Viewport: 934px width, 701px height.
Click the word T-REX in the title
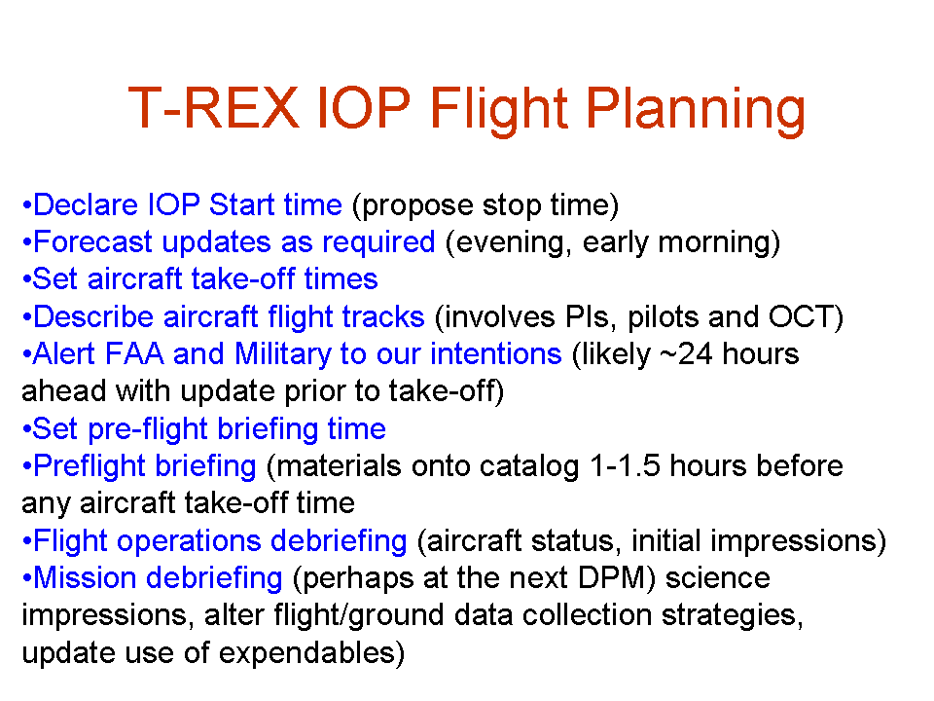[x=213, y=108]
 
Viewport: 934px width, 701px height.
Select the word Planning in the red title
[x=695, y=113]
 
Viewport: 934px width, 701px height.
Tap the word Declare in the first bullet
[x=86, y=205]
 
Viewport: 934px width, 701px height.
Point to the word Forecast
[x=93, y=242]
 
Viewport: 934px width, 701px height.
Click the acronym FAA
[x=134, y=353]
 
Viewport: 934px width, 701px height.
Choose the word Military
[x=283, y=354]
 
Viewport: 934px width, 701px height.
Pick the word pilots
[x=663, y=317]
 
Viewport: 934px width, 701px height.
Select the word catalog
[x=529, y=466]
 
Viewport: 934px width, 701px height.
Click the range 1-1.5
[x=625, y=465]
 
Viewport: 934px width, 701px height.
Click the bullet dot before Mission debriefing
[x=26, y=578]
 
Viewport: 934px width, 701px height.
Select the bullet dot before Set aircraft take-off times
[x=26, y=279]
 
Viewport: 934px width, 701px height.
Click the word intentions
[x=496, y=354]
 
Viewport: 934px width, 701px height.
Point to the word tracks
[x=383, y=316]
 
